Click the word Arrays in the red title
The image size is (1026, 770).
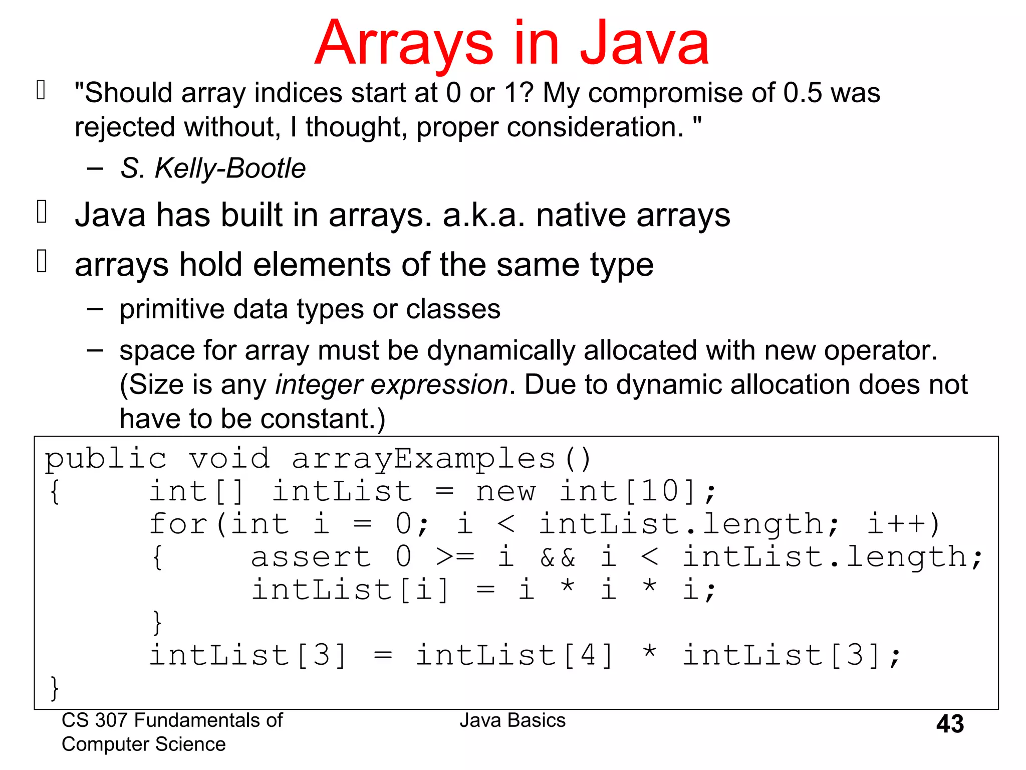[404, 44]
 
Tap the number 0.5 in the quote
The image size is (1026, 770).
[803, 93]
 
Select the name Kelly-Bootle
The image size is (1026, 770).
[230, 168]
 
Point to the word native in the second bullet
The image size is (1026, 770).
[581, 215]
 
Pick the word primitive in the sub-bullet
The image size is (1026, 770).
[171, 309]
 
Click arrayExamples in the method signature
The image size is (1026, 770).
[424, 459]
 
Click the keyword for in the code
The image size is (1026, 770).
[177, 524]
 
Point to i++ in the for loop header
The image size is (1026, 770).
[896, 524]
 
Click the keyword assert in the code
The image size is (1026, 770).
[311, 557]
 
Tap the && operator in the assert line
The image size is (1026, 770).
[558, 557]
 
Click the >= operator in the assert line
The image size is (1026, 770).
[455, 557]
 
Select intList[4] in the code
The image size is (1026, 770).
[515, 655]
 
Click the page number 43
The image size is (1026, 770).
[950, 724]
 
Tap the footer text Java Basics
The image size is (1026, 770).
[512, 720]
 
